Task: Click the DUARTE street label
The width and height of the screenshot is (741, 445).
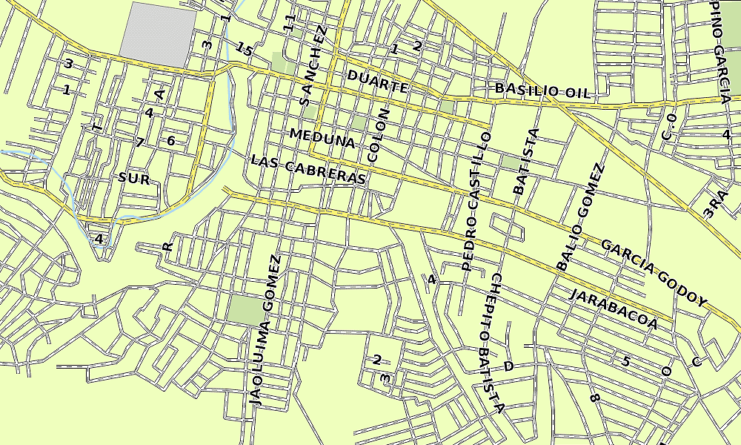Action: point(378,82)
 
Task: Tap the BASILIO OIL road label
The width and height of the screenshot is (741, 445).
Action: point(543,90)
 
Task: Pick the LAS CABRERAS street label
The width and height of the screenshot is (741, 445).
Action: point(308,170)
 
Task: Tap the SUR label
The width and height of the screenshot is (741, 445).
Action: point(134,179)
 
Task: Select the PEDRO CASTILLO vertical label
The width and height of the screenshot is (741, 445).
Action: point(477,200)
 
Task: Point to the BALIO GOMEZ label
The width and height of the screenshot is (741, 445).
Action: point(581,216)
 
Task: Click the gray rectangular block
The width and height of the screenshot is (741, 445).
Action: point(158,33)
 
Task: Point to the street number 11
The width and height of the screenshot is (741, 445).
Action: point(290,23)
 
